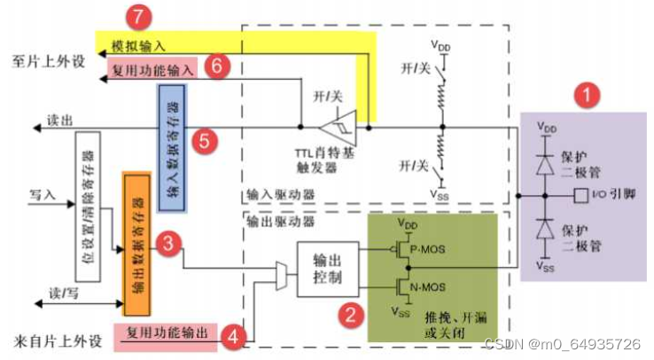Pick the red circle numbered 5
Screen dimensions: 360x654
click(204, 140)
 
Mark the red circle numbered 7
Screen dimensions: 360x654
click(136, 16)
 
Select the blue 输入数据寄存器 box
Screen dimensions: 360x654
click(170, 148)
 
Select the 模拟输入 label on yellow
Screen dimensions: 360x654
click(138, 44)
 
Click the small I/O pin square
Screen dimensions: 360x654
click(580, 194)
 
